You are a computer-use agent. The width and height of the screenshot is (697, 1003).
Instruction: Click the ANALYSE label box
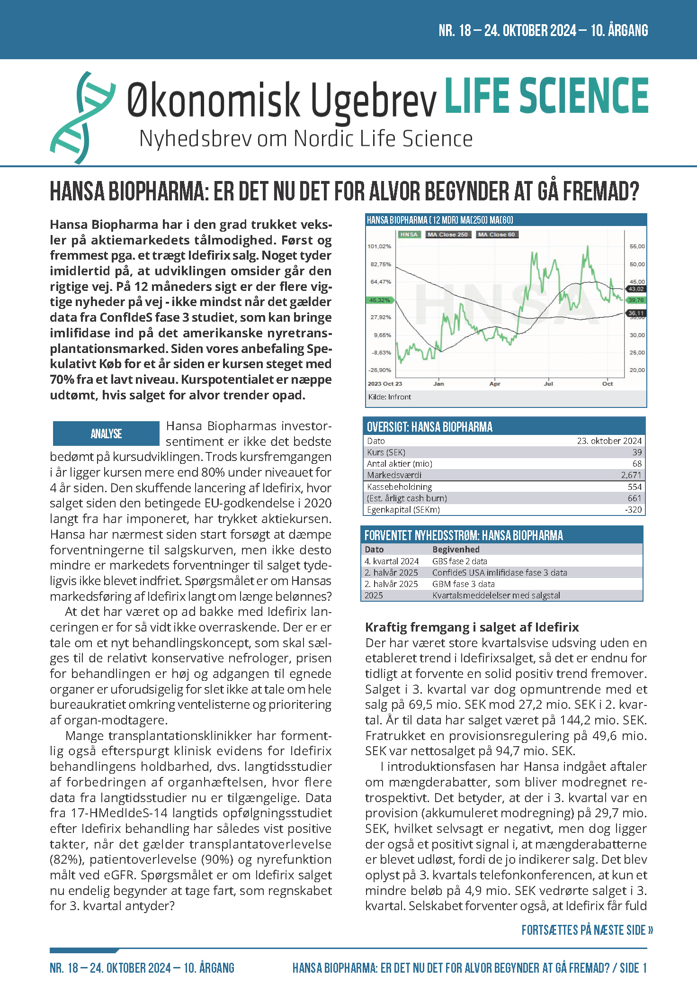click(x=106, y=434)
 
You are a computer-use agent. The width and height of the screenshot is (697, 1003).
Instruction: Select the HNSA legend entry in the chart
click(x=409, y=235)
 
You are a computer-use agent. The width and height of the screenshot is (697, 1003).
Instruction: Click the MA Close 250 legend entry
click(x=447, y=235)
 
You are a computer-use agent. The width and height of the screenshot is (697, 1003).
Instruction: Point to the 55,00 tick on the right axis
click(x=637, y=246)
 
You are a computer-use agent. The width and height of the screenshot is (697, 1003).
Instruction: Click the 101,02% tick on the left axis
click(x=379, y=246)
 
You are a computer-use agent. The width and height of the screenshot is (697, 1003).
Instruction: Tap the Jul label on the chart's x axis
click(x=548, y=384)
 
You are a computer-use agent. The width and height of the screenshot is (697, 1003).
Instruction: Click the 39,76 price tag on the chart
click(x=636, y=300)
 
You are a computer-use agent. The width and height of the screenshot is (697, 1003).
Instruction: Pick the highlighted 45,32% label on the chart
click(x=379, y=300)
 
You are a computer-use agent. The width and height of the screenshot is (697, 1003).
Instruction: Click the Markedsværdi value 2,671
click(x=631, y=475)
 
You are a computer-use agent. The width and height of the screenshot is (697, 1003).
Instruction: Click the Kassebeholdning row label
click(x=399, y=487)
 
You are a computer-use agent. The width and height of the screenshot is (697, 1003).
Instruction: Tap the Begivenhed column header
click(x=456, y=550)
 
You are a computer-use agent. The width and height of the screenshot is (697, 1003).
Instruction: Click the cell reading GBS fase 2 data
click(x=459, y=561)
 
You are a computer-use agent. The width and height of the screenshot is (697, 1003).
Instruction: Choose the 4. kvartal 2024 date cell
click(x=392, y=561)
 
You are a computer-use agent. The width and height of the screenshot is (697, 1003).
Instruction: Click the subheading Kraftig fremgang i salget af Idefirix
click(x=472, y=627)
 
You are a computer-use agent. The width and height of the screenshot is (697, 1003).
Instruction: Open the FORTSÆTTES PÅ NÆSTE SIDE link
click(x=587, y=930)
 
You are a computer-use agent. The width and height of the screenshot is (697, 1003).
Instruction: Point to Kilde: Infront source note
click(x=389, y=397)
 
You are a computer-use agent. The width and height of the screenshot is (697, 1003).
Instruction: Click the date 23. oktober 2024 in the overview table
click(x=609, y=441)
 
